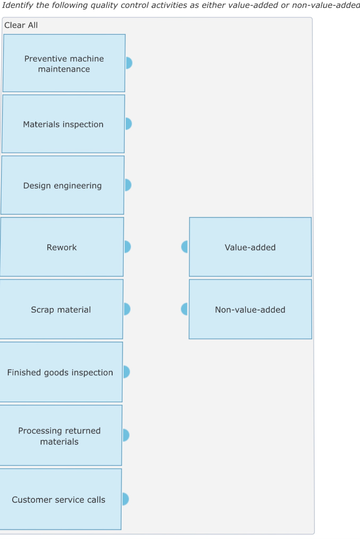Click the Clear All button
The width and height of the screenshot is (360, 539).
point(21,25)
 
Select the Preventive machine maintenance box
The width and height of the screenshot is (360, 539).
point(64,64)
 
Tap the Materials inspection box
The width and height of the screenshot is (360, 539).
point(63,124)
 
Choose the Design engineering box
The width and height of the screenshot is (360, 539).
point(62,185)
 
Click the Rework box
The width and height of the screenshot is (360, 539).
point(62,247)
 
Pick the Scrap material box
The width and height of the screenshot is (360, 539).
point(61,310)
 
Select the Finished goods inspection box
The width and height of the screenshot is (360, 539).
point(60,372)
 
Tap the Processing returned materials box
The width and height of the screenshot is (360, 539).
point(59,436)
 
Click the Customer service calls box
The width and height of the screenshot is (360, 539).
point(59,500)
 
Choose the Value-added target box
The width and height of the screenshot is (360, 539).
point(250,247)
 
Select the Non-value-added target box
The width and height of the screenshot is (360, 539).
point(250,310)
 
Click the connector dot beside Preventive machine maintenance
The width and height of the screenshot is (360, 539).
point(128,63)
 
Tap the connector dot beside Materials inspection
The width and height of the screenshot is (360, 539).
point(128,124)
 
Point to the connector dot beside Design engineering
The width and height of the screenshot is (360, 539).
point(127,185)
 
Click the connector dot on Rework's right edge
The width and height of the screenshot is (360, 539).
point(127,247)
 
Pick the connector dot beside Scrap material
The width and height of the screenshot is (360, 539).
point(126,309)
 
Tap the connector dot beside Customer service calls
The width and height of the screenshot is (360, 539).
point(125,499)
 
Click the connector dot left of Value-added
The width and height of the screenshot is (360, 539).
point(185,247)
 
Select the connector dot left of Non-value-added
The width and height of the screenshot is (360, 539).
point(184,309)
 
